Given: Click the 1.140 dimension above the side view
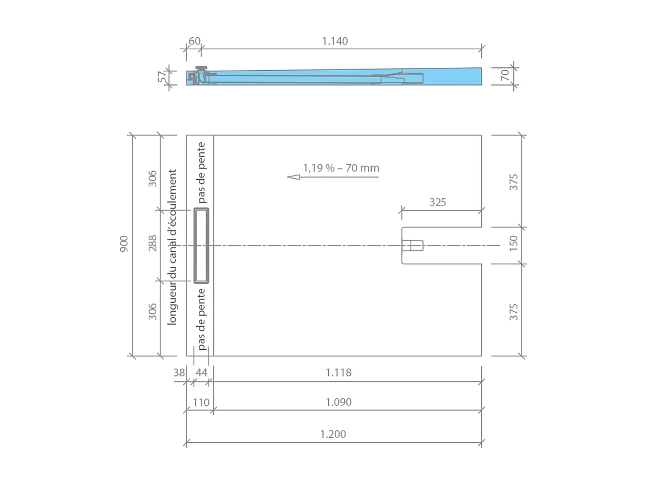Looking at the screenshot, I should (335, 41).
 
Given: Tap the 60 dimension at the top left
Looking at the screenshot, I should (195, 41).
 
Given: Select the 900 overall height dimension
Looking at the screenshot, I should (124, 244).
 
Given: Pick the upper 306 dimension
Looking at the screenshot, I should (152, 178).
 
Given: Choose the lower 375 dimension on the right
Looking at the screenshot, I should (514, 311).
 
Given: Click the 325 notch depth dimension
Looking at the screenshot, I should (437, 202).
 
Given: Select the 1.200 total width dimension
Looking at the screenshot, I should (333, 434).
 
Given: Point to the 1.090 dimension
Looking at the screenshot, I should (338, 402).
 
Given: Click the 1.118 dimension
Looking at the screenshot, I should (338, 372).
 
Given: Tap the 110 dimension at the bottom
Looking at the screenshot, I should (201, 402).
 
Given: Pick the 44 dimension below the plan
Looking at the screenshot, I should (202, 372).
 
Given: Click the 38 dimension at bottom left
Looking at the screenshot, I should (179, 372).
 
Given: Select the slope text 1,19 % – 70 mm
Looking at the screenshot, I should (341, 168).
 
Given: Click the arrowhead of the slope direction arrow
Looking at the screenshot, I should (292, 176).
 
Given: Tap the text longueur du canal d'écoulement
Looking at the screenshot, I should (172, 247).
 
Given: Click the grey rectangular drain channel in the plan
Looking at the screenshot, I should (201, 245).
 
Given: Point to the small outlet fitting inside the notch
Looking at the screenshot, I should (412, 245).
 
